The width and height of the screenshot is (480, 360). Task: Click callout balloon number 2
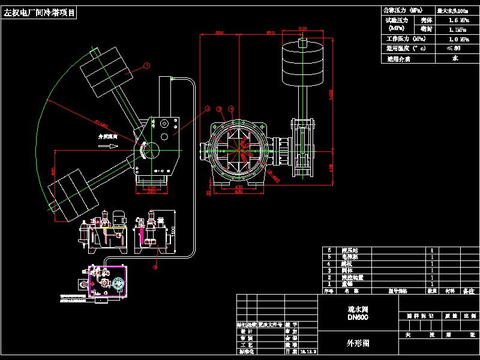coord(208,109)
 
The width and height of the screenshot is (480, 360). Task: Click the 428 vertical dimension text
coord(332,168)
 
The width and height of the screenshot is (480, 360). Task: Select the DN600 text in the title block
coord(358,317)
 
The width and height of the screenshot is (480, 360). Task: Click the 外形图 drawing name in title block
coord(358,344)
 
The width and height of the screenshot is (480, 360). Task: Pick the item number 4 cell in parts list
coord(329,263)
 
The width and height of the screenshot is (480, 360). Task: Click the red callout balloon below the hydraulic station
coord(154,267)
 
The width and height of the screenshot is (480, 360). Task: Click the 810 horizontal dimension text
coord(270,32)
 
